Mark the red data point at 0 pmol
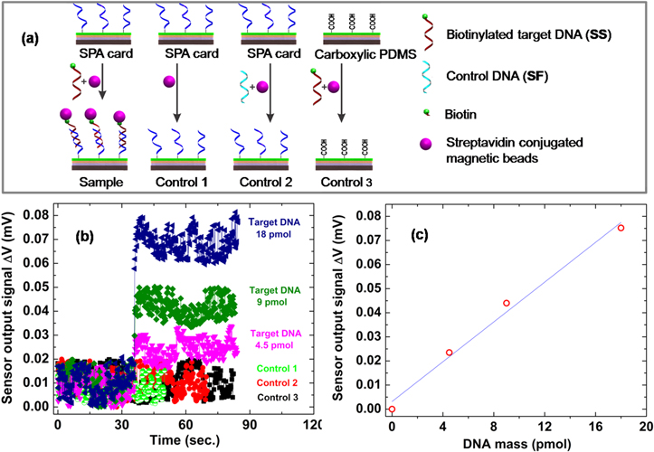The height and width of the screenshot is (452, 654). pyautogui.click(x=392, y=409)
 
